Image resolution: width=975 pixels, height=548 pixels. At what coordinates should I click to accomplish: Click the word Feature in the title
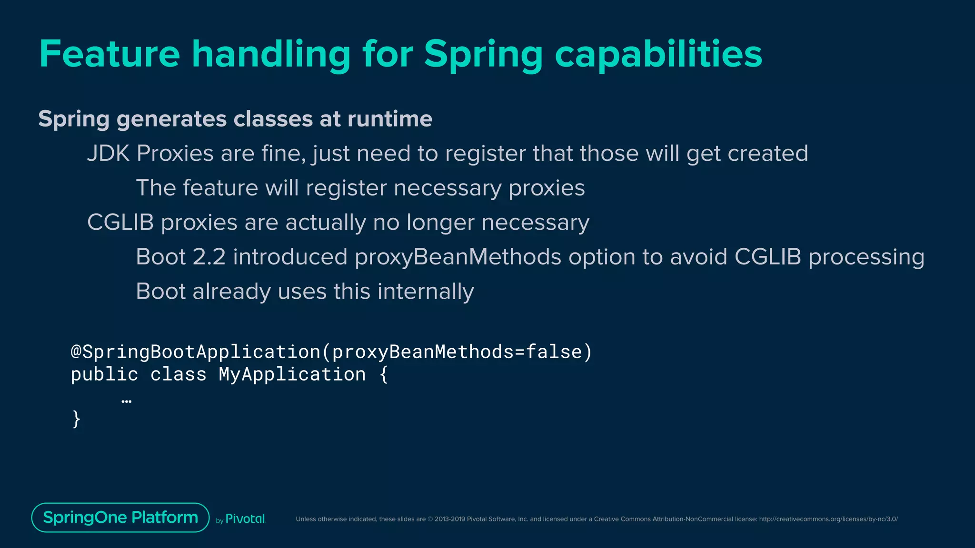109,54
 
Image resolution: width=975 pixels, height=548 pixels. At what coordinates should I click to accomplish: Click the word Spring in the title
483,55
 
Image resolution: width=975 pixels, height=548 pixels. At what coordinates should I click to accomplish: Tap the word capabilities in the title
658,55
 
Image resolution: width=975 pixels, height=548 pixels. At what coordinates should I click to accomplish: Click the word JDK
108,154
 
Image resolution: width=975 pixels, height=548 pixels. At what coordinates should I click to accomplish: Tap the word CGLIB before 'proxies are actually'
120,223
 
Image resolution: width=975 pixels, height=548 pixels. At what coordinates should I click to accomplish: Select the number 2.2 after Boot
209,257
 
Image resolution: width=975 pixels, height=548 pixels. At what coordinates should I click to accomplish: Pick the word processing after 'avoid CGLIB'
866,257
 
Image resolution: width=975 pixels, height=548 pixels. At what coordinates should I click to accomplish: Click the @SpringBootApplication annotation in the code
195,352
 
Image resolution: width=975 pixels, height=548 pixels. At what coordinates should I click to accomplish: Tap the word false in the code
554,352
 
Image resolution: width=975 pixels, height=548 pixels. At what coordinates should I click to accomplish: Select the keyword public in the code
104,374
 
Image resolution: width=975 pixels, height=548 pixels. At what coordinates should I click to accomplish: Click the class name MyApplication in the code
292,374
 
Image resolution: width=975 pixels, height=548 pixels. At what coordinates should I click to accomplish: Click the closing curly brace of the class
76,419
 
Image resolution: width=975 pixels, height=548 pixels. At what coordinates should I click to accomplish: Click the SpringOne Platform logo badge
120,518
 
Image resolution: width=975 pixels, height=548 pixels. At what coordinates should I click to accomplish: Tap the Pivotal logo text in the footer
245,519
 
